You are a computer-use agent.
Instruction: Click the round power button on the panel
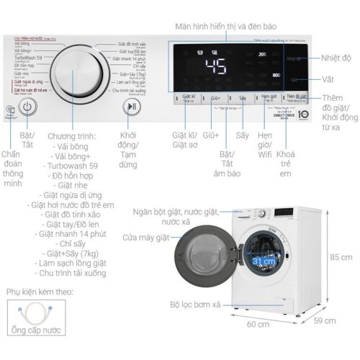(x=27, y=107)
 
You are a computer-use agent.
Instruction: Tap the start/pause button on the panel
(x=131, y=107)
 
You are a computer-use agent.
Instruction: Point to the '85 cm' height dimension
(x=341, y=257)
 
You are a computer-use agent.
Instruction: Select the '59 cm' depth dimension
(x=325, y=320)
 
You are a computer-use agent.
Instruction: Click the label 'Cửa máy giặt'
(x=147, y=236)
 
